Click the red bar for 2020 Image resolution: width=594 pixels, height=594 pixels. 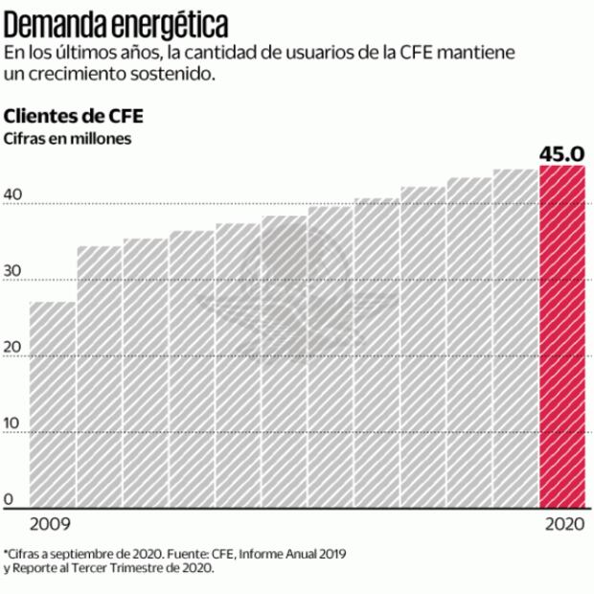pyautogui.click(x=562, y=335)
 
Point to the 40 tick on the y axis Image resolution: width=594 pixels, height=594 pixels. pyautogui.click(x=12, y=194)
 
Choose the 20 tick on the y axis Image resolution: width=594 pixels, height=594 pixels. pyautogui.click(x=12, y=348)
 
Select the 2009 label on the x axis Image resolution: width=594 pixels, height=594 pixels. pyautogui.click(x=50, y=525)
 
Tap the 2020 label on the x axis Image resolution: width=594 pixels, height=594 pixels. pyautogui.click(x=563, y=525)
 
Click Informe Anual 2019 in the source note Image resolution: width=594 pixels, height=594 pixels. pyautogui.click(x=293, y=554)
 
